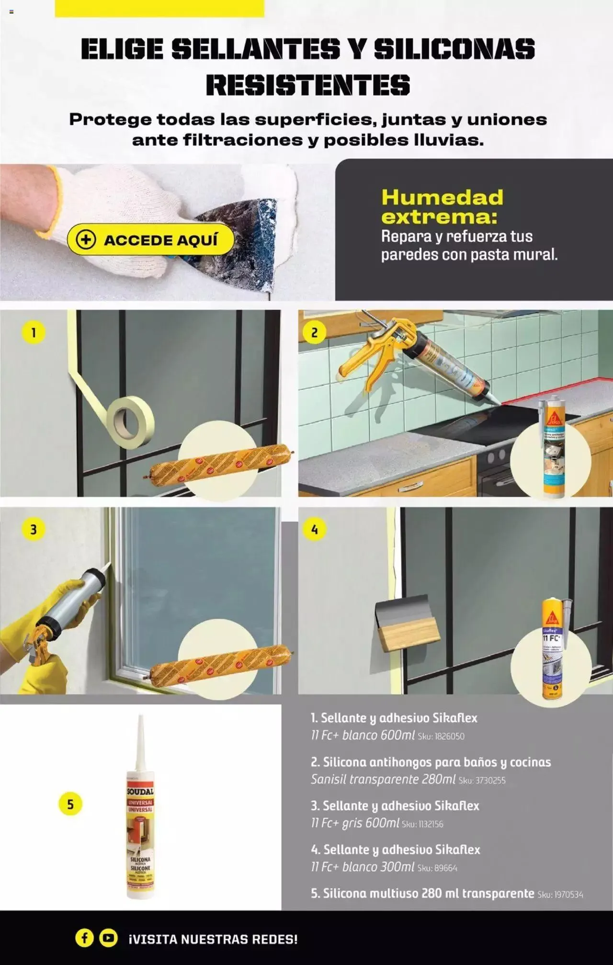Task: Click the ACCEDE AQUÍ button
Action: tap(150, 239)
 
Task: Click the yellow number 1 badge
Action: tap(34, 332)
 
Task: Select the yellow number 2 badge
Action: tap(314, 332)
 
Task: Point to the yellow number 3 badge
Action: tap(34, 529)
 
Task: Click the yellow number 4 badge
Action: tap(314, 529)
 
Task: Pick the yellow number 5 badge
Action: tap(70, 804)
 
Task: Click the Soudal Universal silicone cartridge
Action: tap(140, 824)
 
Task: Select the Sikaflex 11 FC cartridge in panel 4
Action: tap(552, 649)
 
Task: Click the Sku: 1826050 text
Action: tap(441, 736)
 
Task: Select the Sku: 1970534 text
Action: tap(560, 894)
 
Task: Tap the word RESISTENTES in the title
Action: tap(308, 85)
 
